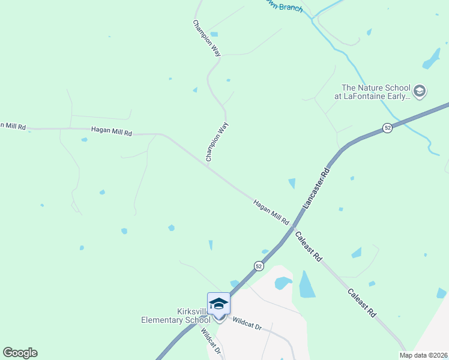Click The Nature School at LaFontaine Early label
(x=376, y=91)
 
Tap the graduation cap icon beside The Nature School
(x=420, y=91)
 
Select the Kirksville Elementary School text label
(x=176, y=316)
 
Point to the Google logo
(x=20, y=353)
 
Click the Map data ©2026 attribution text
(x=424, y=355)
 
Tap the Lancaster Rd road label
(x=316, y=188)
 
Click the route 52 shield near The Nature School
(x=388, y=128)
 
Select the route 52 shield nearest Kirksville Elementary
(x=258, y=265)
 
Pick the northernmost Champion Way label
(x=207, y=38)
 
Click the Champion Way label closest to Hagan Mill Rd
(x=217, y=142)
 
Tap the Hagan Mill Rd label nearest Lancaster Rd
(x=271, y=212)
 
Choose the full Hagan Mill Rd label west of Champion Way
(x=111, y=130)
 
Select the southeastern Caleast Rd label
(x=362, y=303)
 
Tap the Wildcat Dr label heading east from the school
(x=247, y=325)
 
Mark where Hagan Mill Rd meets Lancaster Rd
(x=292, y=228)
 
